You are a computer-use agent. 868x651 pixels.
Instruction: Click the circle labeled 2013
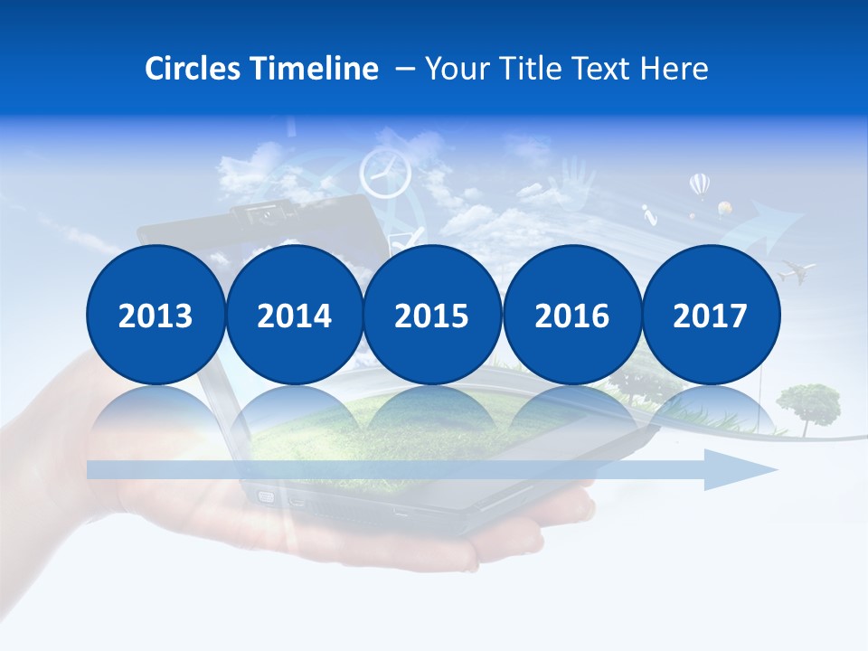156,315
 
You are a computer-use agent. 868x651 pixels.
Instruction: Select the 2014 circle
294,315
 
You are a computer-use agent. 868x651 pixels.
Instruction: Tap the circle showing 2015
432,315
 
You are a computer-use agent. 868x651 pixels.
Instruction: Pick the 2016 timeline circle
571,315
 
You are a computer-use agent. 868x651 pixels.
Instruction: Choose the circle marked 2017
710,315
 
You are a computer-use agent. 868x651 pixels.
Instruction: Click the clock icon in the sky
384,172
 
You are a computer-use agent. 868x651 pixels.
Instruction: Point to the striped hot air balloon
699,186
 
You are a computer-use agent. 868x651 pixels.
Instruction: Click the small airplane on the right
797,269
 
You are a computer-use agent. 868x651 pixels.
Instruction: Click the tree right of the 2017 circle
808,403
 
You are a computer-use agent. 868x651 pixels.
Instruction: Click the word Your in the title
454,69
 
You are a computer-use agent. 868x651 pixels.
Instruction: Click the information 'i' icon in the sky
647,215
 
